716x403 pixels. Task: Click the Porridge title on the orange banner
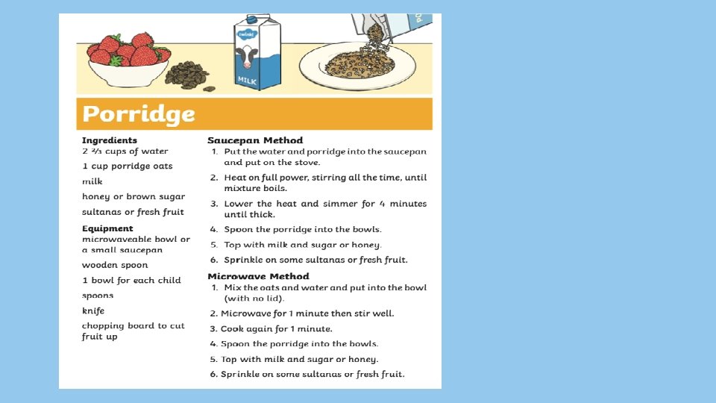pos(139,114)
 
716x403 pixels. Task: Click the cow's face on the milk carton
pos(246,56)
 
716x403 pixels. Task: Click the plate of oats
pos(357,67)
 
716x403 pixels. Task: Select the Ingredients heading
pos(110,140)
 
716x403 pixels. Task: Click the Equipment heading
pos(107,228)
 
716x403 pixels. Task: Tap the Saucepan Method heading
pos(255,140)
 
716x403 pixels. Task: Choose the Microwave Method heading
pos(258,276)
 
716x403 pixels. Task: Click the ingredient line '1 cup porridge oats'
pos(128,166)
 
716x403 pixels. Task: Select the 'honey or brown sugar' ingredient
pos(134,196)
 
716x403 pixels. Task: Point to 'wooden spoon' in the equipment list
pos(115,265)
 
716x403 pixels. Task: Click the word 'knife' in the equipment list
pos(93,310)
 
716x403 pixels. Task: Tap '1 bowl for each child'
pos(131,281)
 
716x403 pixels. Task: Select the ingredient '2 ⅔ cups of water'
pos(125,151)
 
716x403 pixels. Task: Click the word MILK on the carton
pos(247,79)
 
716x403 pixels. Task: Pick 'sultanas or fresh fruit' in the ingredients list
pos(133,212)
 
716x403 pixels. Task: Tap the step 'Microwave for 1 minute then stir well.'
pos(307,313)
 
